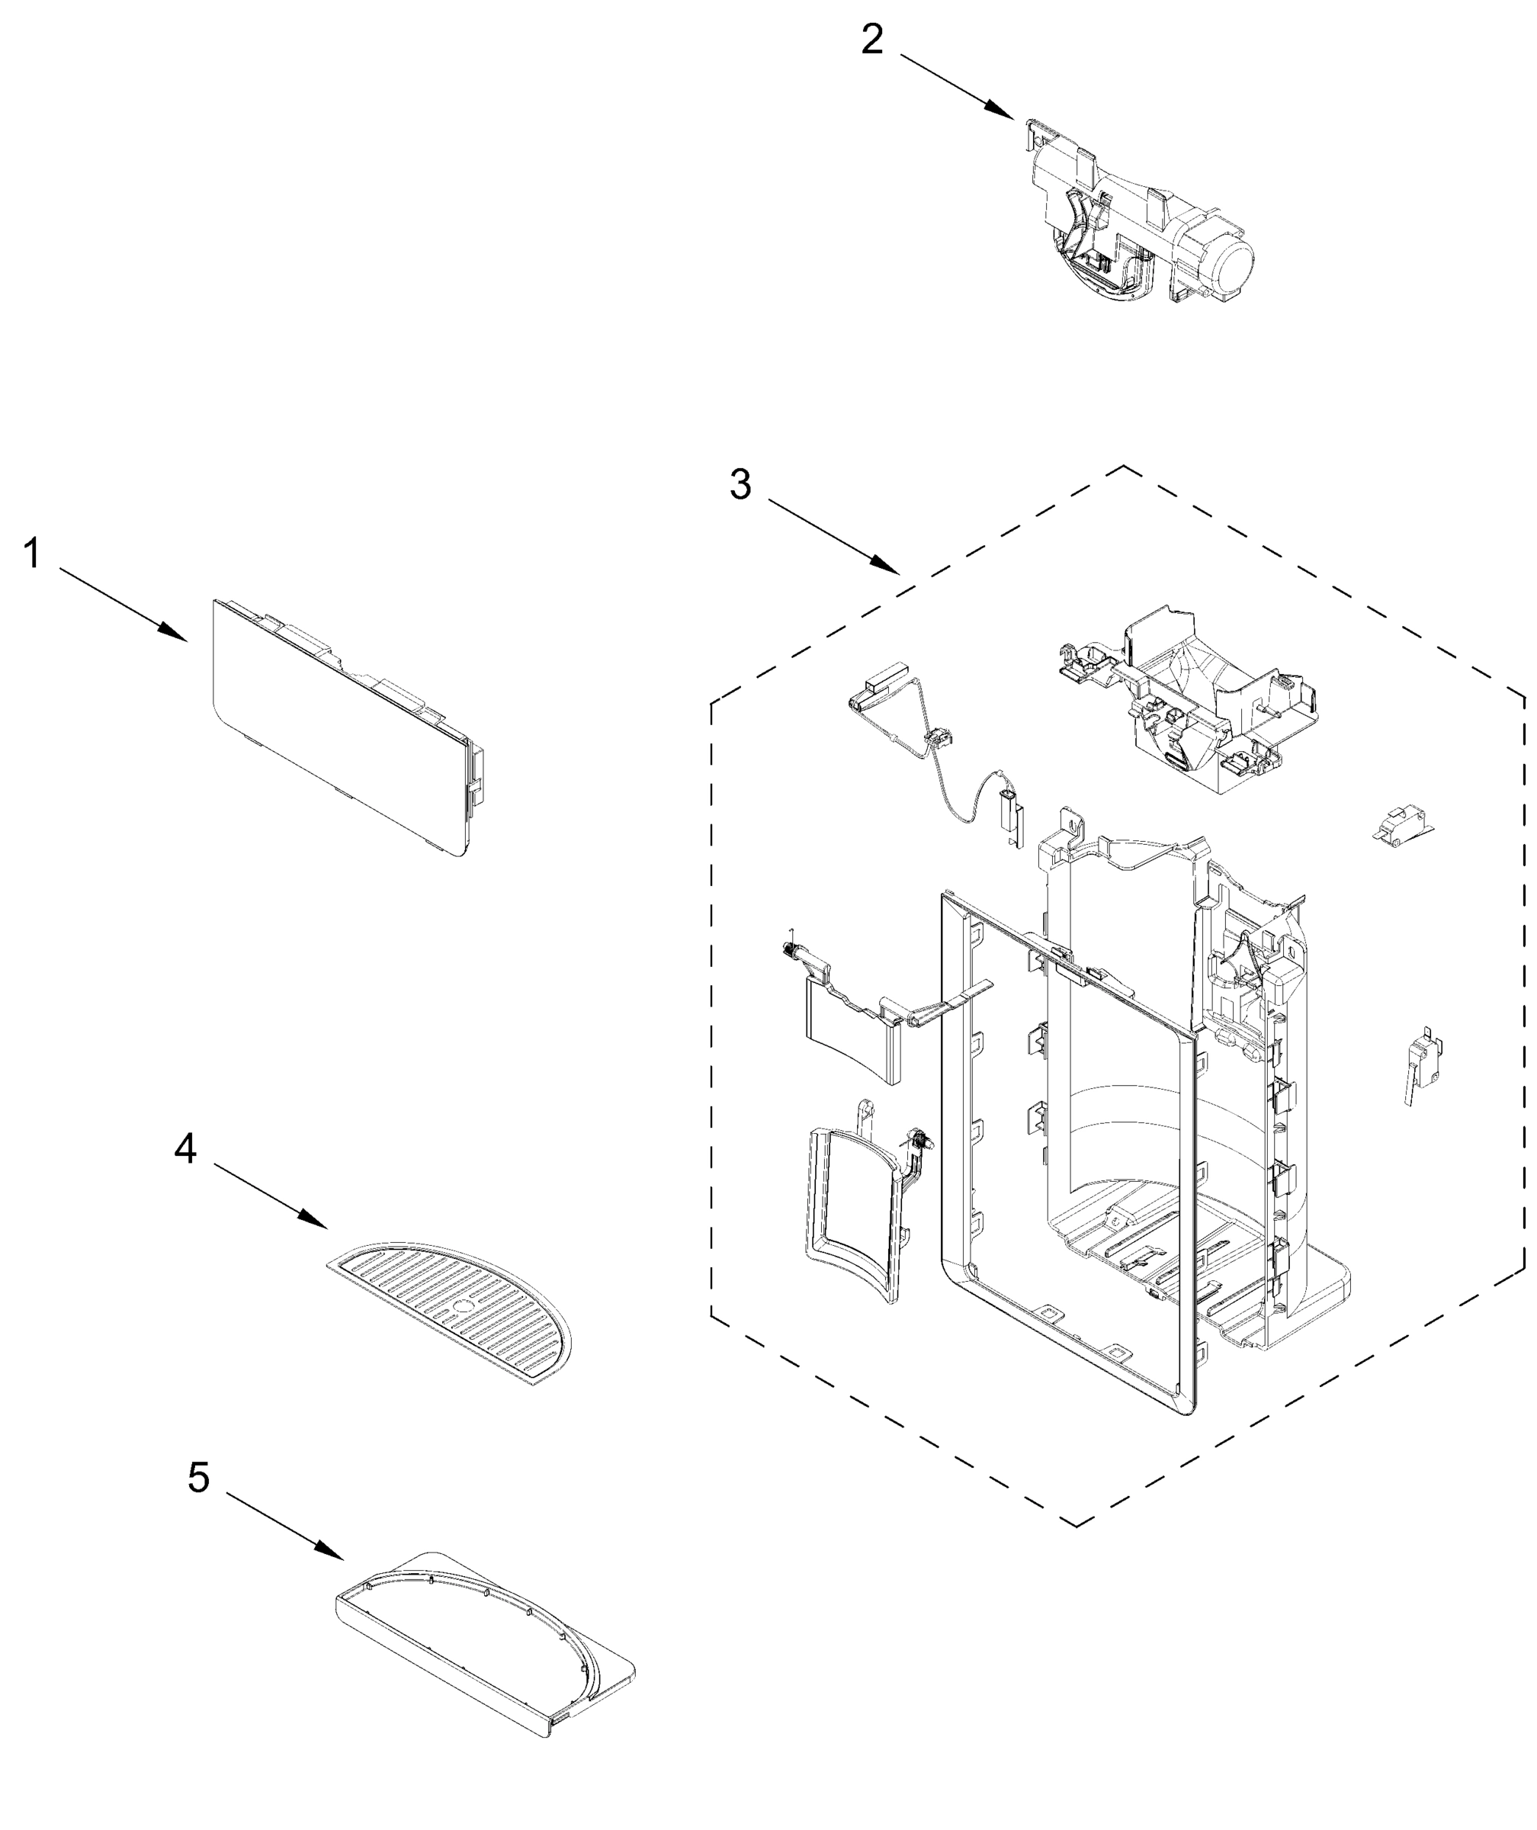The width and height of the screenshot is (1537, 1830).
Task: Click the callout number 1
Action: (32, 554)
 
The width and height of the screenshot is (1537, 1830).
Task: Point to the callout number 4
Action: (185, 1149)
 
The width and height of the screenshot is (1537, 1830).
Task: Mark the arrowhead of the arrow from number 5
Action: (336, 1556)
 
